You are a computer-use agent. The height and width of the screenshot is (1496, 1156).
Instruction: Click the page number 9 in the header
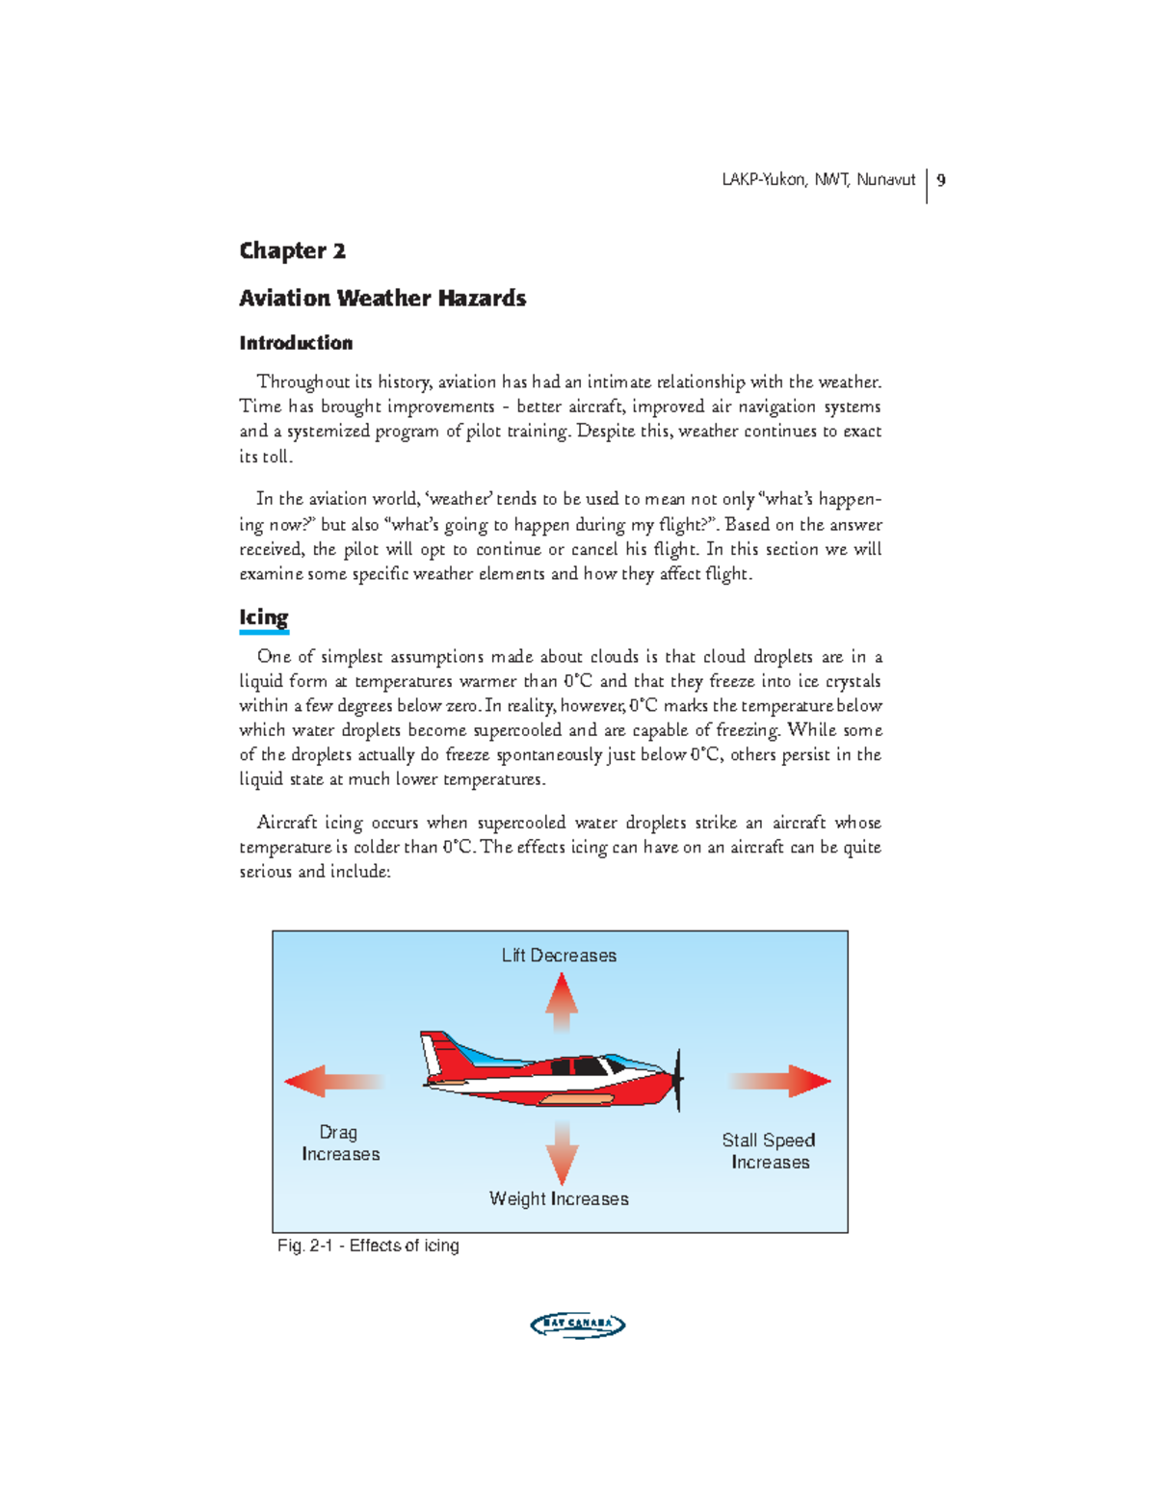(x=941, y=180)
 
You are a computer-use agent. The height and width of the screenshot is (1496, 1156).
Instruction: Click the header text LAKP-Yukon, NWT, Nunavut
(x=818, y=180)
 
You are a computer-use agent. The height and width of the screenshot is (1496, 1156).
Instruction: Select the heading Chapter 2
(x=292, y=251)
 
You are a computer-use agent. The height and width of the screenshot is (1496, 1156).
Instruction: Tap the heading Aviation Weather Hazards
(x=382, y=299)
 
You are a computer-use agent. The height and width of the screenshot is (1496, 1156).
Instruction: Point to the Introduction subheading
(x=296, y=343)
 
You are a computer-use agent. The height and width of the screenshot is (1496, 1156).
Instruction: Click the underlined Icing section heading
(x=264, y=617)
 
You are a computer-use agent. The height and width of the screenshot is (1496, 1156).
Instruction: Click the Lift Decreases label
(x=559, y=956)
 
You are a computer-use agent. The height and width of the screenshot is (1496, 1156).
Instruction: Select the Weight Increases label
(x=559, y=1199)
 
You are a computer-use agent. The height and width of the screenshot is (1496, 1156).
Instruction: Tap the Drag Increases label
(x=340, y=1143)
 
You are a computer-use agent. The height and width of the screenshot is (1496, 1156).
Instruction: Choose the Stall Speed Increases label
(x=769, y=1151)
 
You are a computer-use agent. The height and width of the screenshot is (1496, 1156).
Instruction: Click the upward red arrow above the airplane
(x=562, y=1002)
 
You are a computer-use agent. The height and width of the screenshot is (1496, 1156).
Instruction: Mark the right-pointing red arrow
(x=782, y=1081)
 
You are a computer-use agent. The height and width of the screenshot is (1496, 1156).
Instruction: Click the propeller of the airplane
(x=679, y=1079)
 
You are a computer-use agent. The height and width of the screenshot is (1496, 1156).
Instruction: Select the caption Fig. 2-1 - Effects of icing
(x=368, y=1247)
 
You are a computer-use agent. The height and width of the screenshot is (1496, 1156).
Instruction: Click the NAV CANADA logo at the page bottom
(x=578, y=1325)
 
